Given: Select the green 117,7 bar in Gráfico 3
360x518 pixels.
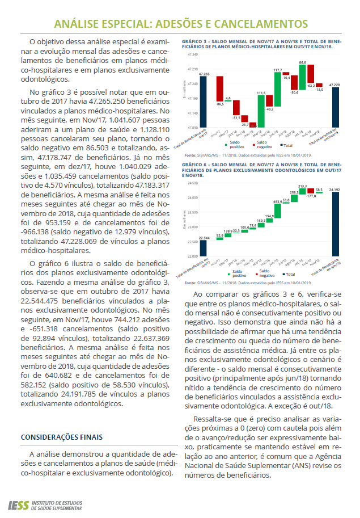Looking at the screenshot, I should click(x=277, y=90).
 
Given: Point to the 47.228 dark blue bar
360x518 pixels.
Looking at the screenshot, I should click(x=335, y=107).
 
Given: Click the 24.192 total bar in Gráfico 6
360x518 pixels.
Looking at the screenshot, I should click(x=335, y=224).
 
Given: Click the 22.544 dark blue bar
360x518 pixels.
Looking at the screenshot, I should click(x=203, y=248).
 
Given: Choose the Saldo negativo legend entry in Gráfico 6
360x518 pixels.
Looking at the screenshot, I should click(x=260, y=273).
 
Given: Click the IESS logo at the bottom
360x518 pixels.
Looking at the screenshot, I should click(x=17, y=504).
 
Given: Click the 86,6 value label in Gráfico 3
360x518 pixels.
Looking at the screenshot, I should click(x=302, y=62).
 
